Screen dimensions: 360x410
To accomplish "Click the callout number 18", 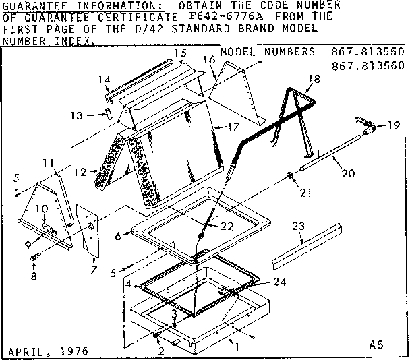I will [311, 79].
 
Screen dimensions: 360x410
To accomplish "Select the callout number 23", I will [297, 228].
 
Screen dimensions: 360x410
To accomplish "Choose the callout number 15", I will [179, 53].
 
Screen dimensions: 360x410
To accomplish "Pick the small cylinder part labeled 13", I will [107, 113].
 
